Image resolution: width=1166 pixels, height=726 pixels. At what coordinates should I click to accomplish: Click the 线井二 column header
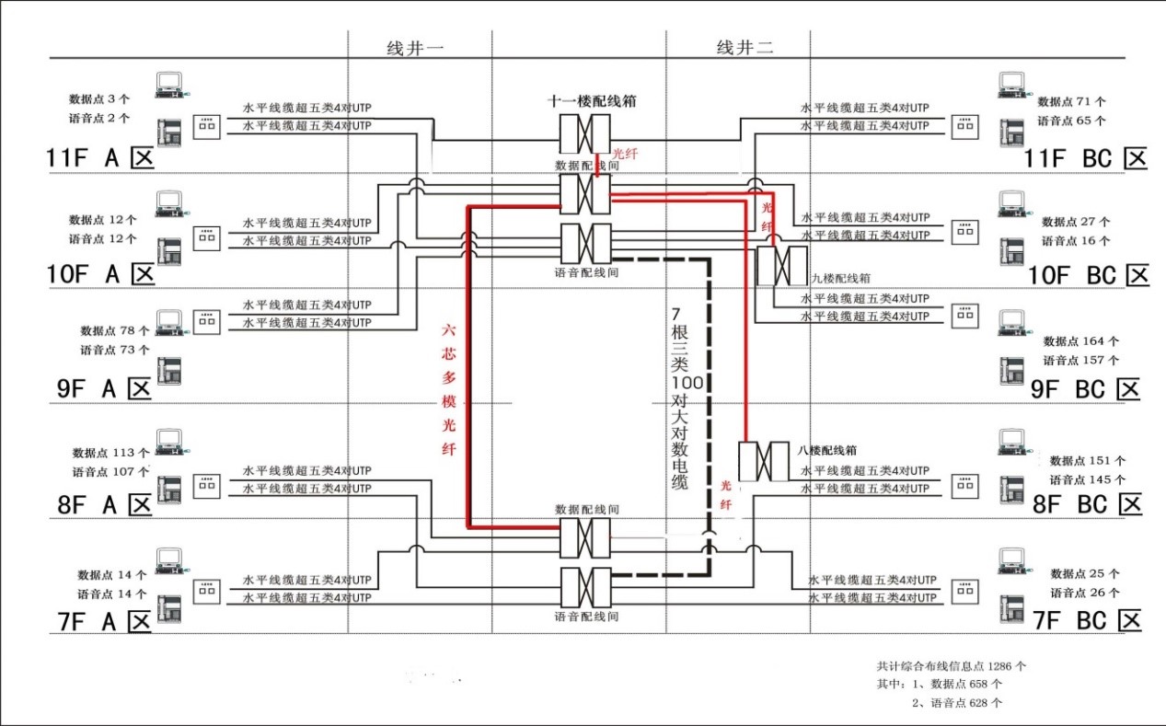pyautogui.click(x=745, y=49)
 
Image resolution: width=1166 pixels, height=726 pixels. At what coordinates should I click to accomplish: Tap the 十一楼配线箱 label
pyautogui.click(x=592, y=101)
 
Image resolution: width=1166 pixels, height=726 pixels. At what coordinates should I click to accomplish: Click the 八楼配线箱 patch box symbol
pyautogui.click(x=763, y=461)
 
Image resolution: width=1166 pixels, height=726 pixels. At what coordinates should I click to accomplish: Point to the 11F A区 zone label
pyautogui.click(x=98, y=158)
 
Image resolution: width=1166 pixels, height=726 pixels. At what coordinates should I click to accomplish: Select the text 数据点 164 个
pyautogui.click(x=1080, y=341)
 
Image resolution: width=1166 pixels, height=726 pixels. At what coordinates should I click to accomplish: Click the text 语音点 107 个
pyautogui.click(x=110, y=471)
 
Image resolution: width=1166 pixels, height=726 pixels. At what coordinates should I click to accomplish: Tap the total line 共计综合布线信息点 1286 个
pyautogui.click(x=952, y=665)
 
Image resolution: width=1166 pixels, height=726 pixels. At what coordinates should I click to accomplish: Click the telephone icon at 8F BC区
pyautogui.click(x=1013, y=489)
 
